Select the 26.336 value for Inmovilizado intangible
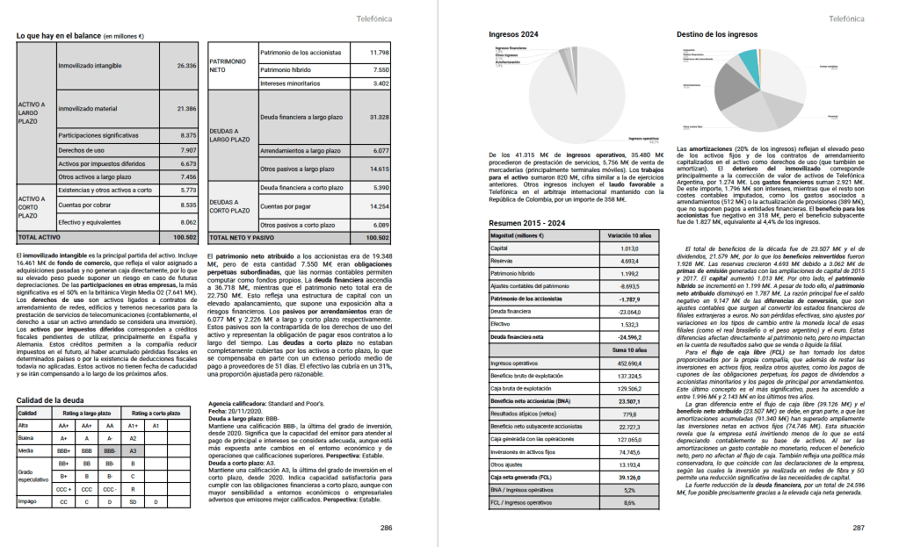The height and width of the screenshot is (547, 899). (x=185, y=66)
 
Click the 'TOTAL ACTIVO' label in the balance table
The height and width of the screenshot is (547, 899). (x=40, y=237)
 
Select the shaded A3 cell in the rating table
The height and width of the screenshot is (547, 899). (x=133, y=450)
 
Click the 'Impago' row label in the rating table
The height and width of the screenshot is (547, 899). (x=29, y=501)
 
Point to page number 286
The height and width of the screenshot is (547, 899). (x=386, y=528)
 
